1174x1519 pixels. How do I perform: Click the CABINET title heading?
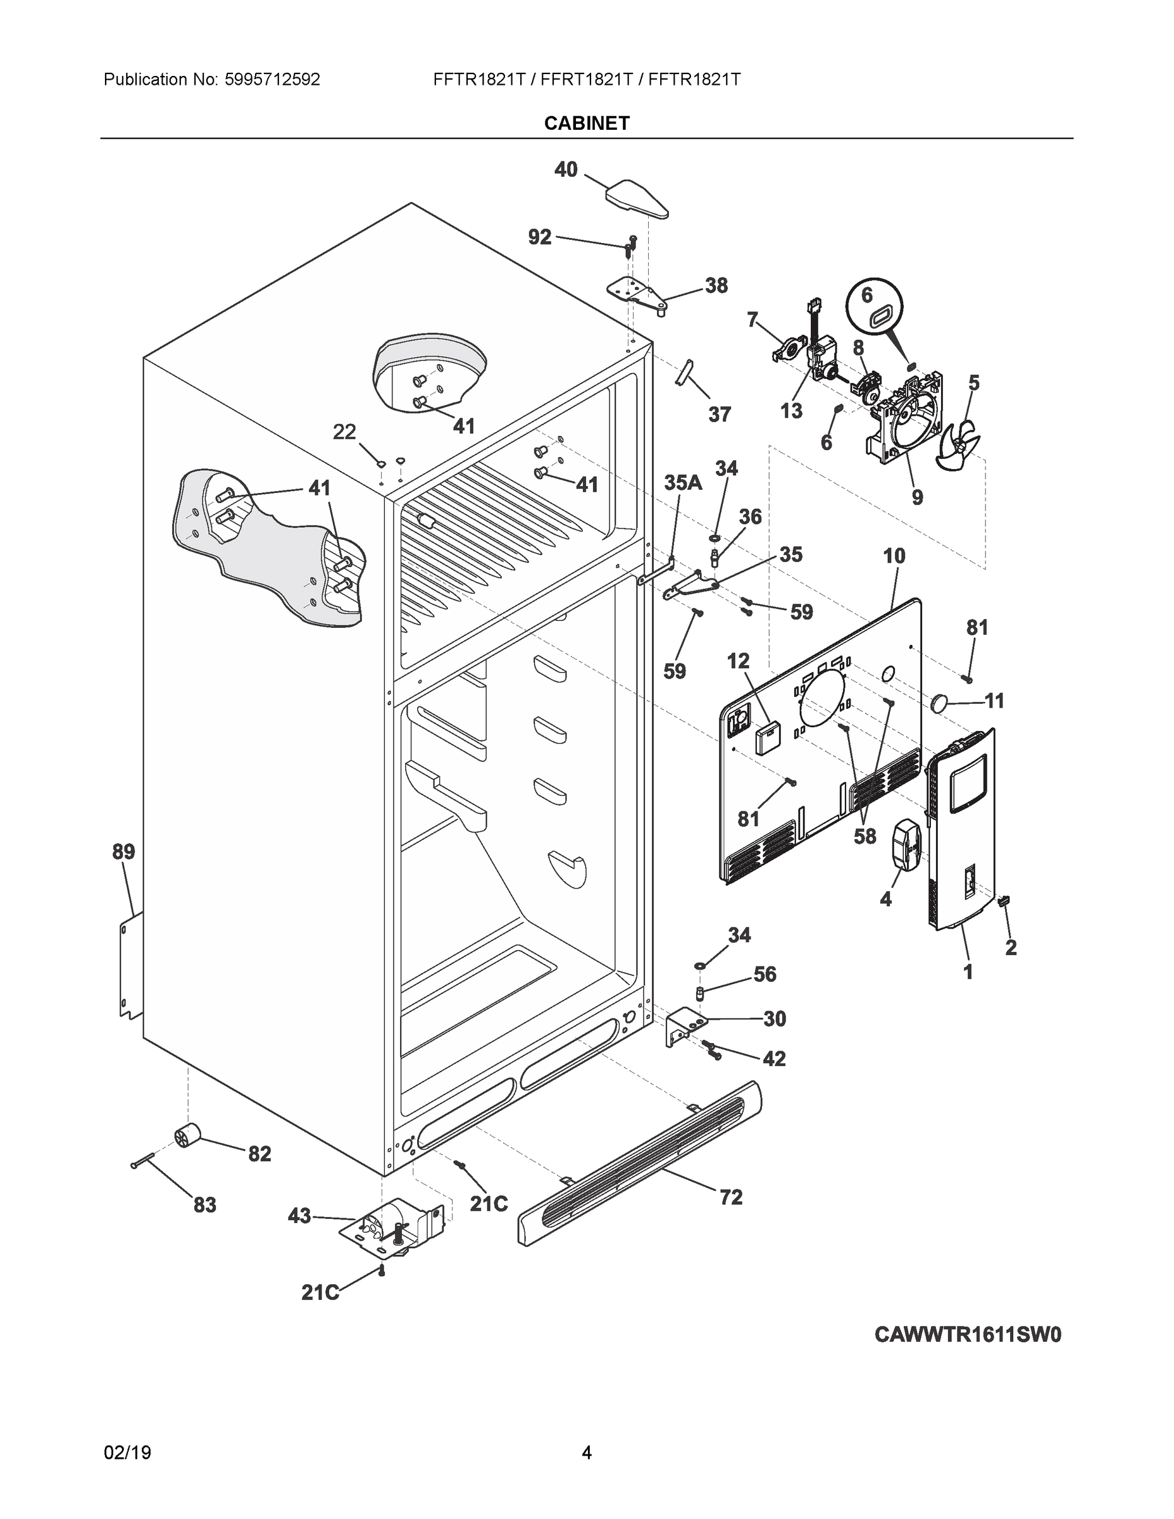click(586, 123)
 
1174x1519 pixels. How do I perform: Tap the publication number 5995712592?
click(272, 80)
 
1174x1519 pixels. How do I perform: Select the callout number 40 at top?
click(565, 169)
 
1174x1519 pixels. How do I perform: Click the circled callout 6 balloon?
click(874, 306)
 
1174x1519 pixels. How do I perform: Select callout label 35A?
click(682, 483)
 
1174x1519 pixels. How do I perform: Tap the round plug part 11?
click(940, 702)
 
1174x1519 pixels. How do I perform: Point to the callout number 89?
click(124, 851)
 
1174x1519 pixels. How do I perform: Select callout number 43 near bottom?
click(299, 1216)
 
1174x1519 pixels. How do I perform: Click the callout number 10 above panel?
click(894, 556)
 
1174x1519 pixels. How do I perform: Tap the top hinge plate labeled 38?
click(637, 292)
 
